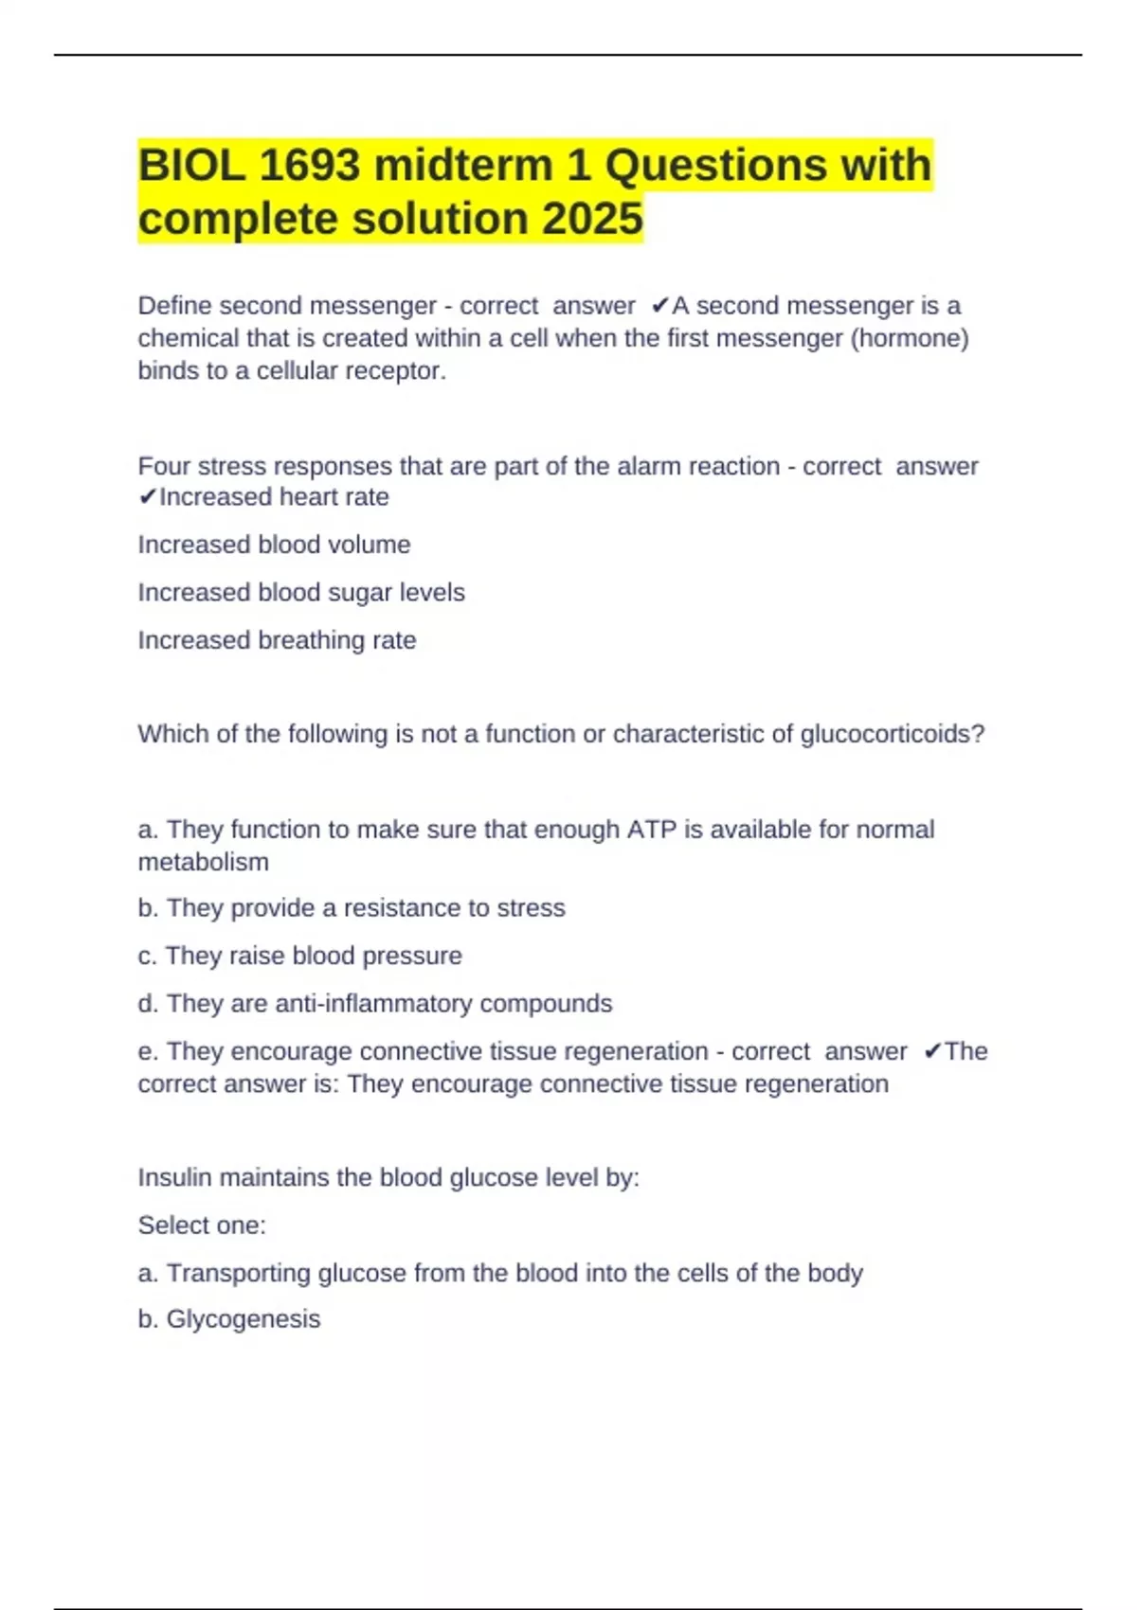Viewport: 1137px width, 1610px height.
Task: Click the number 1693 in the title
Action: [x=309, y=166]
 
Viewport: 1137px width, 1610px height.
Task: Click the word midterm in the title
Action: [x=463, y=166]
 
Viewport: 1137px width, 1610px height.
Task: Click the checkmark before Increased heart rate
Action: [x=147, y=497]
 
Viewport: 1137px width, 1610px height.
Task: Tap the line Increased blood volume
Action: [x=274, y=545]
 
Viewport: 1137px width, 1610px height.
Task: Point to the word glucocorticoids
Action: [x=893, y=734]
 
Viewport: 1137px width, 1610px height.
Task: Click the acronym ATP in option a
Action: [x=651, y=830]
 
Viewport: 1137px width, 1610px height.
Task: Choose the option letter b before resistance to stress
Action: [x=147, y=908]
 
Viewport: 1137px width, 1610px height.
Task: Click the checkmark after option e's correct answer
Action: [x=932, y=1051]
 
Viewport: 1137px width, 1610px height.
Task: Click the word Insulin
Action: [x=175, y=1177]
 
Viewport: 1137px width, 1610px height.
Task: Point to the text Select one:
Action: [x=202, y=1225]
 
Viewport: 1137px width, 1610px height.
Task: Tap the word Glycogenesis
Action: [x=244, y=1319]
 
